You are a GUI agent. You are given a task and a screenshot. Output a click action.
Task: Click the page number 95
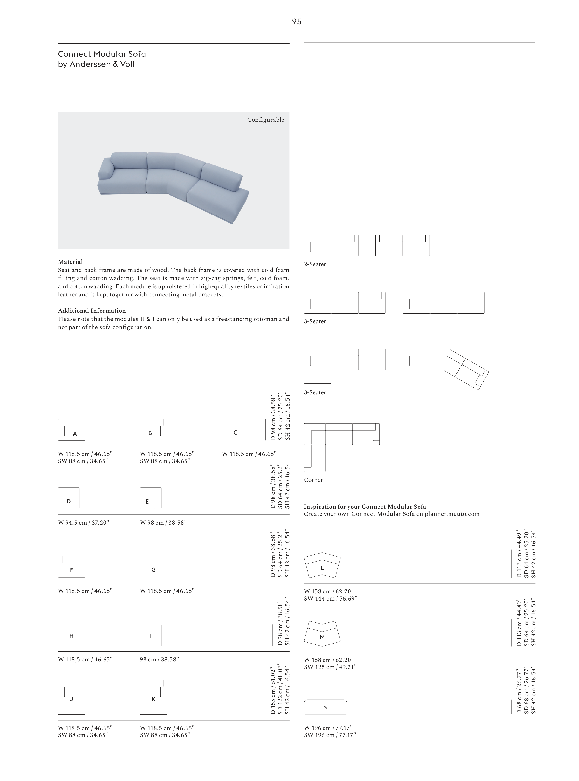pyautogui.click(x=296, y=22)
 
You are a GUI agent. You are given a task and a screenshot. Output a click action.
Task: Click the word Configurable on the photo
pyautogui.click(x=265, y=120)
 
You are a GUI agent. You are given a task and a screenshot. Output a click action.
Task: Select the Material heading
pyautogui.click(x=70, y=262)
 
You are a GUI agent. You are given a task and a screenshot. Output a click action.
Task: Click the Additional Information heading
pyautogui.click(x=91, y=311)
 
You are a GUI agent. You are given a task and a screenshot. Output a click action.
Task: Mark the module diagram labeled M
pyautogui.click(x=322, y=634)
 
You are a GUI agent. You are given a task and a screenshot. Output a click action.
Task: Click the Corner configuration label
pyautogui.click(x=313, y=480)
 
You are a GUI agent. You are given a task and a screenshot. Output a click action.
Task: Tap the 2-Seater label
pyautogui.click(x=315, y=264)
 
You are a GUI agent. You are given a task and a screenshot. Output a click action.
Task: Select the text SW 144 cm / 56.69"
pyautogui.click(x=330, y=598)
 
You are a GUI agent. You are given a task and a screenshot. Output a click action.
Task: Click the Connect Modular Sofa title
pyautogui.click(x=102, y=54)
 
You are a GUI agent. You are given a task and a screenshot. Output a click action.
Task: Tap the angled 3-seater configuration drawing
pyautogui.click(x=445, y=368)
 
